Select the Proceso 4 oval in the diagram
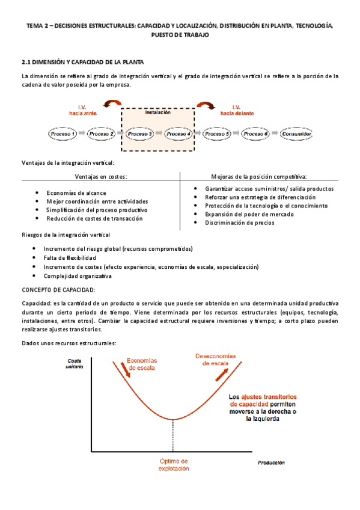tap(178, 134)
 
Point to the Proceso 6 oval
tap(255, 134)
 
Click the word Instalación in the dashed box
tap(158, 112)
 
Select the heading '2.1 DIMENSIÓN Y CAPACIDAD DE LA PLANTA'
tap(82, 62)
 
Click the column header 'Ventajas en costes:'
tap(101, 177)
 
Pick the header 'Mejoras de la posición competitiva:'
tap(259, 177)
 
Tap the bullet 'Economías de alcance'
tap(76, 193)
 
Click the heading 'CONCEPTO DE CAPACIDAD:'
tap(58, 289)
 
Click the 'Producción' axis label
tap(271, 463)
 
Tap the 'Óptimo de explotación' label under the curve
tap(174, 464)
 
